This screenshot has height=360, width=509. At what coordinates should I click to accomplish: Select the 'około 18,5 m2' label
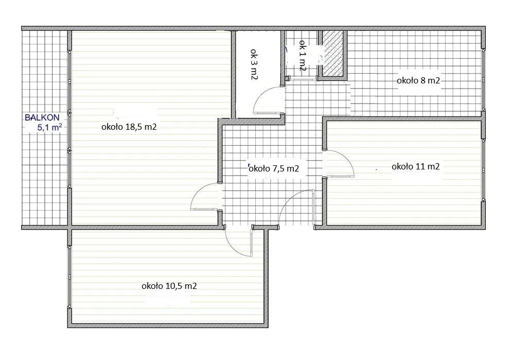tap(129, 127)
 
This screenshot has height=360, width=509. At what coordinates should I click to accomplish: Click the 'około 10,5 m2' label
tap(169, 286)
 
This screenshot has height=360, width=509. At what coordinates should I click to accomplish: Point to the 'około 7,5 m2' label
tap(273, 168)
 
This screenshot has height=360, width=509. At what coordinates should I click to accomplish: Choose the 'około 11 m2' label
tap(415, 166)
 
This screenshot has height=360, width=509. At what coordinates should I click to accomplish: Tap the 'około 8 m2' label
tap(418, 80)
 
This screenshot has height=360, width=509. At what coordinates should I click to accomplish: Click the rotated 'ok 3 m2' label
tap(254, 65)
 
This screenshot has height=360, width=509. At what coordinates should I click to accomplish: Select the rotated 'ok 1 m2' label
tap(303, 56)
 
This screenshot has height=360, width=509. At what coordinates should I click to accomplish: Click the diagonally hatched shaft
tap(333, 54)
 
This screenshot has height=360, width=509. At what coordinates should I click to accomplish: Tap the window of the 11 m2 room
tap(483, 170)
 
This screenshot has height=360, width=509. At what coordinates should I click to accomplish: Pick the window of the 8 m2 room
tap(483, 80)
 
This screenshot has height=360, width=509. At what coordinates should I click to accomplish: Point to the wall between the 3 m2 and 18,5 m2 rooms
tap(233, 75)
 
